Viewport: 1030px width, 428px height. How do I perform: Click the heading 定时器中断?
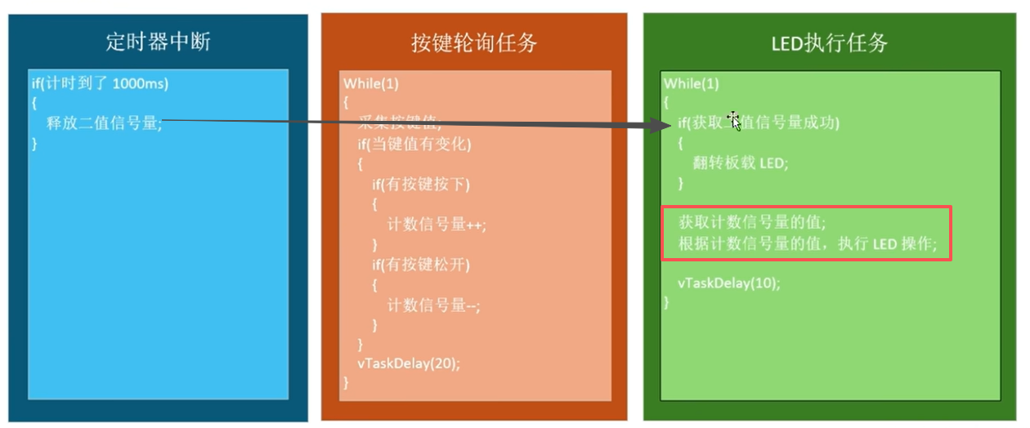(x=158, y=42)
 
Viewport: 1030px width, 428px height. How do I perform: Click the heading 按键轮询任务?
(x=474, y=42)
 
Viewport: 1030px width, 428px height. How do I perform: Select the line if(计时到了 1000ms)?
(x=100, y=83)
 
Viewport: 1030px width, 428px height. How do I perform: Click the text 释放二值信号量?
(x=104, y=123)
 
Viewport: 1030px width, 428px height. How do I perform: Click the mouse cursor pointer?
(x=735, y=121)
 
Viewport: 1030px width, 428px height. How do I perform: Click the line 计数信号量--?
(x=433, y=305)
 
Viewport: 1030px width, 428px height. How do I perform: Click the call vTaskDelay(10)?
(x=728, y=283)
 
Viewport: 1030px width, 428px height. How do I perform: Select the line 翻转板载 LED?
(x=740, y=163)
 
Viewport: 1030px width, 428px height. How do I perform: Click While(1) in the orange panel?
(x=371, y=83)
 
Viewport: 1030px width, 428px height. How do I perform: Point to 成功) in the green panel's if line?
(x=822, y=123)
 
